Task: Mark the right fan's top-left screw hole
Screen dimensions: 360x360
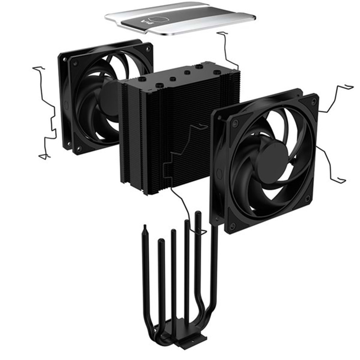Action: tap(235, 123)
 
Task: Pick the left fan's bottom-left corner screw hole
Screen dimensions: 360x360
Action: tap(79, 148)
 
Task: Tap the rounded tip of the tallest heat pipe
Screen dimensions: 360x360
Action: tap(197, 214)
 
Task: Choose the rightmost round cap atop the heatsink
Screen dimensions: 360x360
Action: tap(216, 72)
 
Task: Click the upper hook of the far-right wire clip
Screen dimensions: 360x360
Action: tap(347, 86)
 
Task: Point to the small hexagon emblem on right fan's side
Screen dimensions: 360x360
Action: tap(219, 169)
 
